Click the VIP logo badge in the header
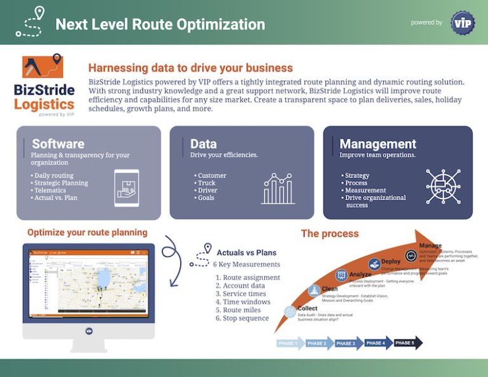[462, 23]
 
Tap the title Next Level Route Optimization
[159, 24]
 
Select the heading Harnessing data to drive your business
[190, 68]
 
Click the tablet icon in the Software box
[126, 188]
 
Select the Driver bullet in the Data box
[207, 190]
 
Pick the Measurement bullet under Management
[365, 190]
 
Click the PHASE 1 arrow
[288, 343]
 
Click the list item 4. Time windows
[243, 302]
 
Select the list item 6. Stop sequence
[242, 318]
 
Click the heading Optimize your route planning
[87, 232]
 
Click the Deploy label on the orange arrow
[390, 262]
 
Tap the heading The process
[330, 233]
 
